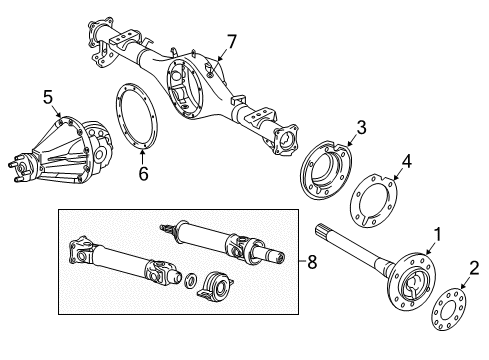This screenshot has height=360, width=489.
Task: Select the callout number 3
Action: [361, 127]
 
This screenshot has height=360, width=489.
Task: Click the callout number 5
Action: [46, 98]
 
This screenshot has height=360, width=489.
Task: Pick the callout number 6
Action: [143, 173]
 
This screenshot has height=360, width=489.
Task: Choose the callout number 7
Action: [231, 41]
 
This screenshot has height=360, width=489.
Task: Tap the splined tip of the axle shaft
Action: [320, 232]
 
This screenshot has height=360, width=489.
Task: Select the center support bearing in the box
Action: [214, 284]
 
